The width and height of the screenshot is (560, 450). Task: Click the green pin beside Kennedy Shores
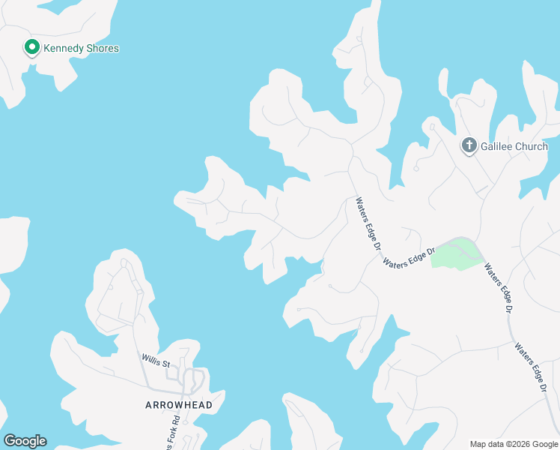click(32, 48)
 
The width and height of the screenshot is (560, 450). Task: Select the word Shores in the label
click(102, 49)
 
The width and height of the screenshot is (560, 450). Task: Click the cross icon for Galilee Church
click(469, 145)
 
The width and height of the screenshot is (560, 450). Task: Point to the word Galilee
click(498, 146)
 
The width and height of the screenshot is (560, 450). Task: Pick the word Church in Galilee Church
click(532, 146)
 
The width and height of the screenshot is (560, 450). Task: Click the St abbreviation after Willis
click(168, 365)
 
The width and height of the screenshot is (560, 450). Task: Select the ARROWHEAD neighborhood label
click(179, 405)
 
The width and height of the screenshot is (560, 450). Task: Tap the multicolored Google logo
click(25, 441)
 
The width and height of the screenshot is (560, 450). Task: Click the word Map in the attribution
click(479, 444)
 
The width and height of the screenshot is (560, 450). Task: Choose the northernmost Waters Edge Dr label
click(369, 223)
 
